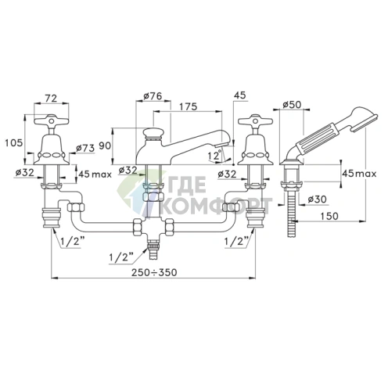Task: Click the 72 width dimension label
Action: point(52,99)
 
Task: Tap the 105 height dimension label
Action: point(14,142)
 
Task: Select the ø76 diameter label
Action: point(153,95)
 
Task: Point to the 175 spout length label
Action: point(189,106)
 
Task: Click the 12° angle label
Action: point(214,156)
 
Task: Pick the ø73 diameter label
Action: point(85,149)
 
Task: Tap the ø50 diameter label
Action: point(292,105)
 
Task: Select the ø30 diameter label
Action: point(317,199)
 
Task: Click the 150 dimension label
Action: point(329,216)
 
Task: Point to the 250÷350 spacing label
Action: point(154,272)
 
